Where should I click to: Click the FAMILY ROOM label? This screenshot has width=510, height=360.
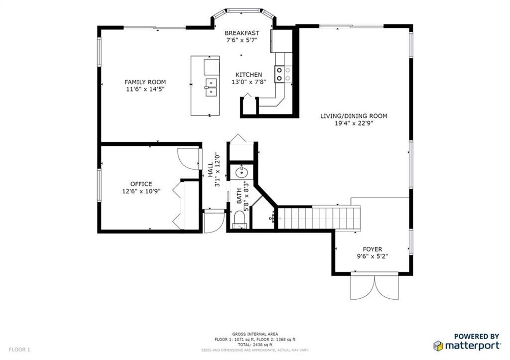[x=145, y=82]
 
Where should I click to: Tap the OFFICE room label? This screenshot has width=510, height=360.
[x=141, y=184]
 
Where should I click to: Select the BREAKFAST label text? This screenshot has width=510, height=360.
[x=242, y=33]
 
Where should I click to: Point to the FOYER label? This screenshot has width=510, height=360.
[x=373, y=249]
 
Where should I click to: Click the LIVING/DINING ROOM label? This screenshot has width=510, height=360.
[x=354, y=116]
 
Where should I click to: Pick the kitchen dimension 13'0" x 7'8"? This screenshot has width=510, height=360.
[x=249, y=82]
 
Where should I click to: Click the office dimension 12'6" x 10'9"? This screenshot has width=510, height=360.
[x=141, y=192]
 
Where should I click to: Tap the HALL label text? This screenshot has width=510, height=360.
[x=211, y=170]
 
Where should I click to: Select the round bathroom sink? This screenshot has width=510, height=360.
[x=242, y=172]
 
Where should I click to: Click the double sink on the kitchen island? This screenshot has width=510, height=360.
[x=211, y=88]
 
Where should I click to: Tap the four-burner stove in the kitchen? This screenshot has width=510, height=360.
[x=283, y=74]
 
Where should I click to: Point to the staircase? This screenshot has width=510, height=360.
[x=319, y=218]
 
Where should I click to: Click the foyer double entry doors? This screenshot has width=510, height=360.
[x=375, y=287]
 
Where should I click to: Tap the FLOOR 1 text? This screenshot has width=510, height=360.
[x=19, y=350]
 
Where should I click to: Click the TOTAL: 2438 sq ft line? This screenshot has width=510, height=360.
[x=255, y=345]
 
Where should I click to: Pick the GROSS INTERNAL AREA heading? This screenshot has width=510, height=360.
[x=255, y=334]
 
